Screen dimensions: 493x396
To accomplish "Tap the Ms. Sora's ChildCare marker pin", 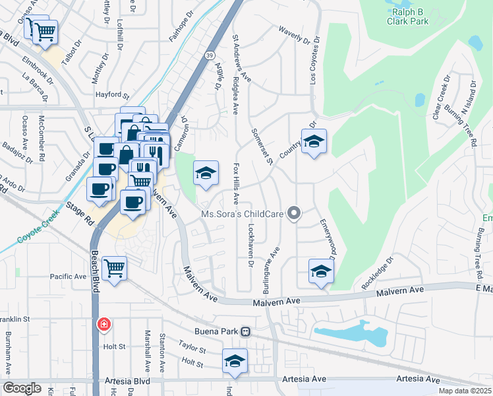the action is tap(295, 213).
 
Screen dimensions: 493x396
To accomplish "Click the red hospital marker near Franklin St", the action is tap(103, 324).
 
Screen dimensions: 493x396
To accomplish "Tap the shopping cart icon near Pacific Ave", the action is tap(115, 268).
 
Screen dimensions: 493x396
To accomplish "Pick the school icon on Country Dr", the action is tap(314, 141).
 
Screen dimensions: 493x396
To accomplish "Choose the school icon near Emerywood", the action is tap(321, 271).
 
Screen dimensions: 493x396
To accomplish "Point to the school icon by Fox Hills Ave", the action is tap(206, 174).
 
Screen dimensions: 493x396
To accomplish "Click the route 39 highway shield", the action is tap(209, 55).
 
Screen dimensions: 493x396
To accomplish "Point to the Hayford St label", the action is tap(109, 95).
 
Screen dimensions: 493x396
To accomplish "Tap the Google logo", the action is tap(22, 388).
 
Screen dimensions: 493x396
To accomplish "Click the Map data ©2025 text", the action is tap(465, 391).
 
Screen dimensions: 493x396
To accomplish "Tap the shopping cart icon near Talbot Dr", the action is tap(44, 31).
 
